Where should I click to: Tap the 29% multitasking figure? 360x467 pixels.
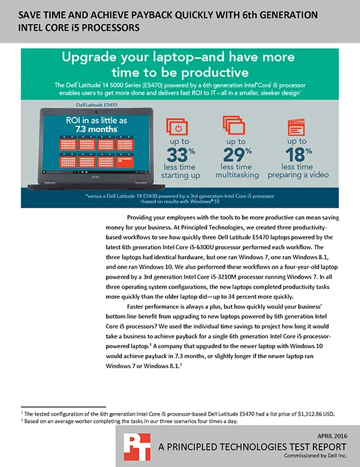coord(237,155)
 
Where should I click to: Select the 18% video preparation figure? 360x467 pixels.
coord(299,155)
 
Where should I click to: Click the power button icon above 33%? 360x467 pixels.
coord(177,127)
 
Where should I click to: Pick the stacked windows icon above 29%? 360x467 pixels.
coord(234,125)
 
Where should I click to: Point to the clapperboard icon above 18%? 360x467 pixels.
coord(296,127)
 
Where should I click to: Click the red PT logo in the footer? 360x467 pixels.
coord(137,447)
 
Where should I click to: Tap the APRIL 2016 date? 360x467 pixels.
coord(332,436)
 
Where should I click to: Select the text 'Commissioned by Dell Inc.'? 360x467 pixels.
coord(315,456)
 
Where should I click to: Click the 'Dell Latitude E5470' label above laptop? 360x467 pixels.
coord(97,105)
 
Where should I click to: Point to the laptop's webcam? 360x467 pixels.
coord(97,111)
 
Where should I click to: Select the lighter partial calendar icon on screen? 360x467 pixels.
coord(125,161)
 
